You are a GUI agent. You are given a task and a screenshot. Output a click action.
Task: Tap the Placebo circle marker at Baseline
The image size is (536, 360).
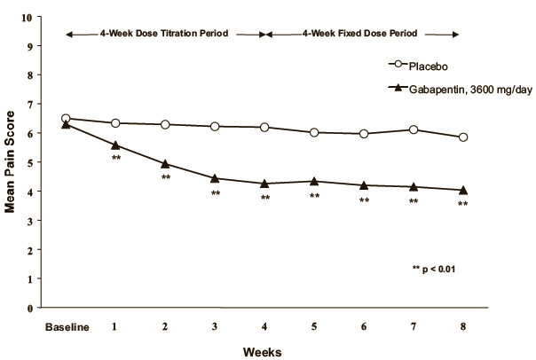point(66,118)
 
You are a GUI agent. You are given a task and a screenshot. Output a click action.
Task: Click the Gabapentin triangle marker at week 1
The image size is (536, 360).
point(115,145)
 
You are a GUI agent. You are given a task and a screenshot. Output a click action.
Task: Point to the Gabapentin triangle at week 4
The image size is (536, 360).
point(264,184)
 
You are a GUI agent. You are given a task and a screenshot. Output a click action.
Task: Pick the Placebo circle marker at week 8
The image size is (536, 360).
point(463,137)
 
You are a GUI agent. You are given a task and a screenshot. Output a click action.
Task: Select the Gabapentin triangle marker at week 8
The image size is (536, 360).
point(463,190)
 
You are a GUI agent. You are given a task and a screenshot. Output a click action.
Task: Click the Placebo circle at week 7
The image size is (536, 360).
point(414,129)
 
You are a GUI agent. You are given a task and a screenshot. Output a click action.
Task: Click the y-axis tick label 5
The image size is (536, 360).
point(32,162)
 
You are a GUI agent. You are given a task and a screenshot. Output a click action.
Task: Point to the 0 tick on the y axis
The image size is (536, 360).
point(32,308)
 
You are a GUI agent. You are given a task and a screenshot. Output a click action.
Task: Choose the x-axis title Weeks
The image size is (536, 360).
point(264,350)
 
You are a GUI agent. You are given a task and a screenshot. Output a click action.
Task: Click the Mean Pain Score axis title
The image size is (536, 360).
point(11,163)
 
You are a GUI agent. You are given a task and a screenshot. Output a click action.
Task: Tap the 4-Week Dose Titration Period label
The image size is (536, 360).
point(165,34)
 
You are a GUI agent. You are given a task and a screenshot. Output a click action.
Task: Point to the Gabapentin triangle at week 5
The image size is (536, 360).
point(314,181)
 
